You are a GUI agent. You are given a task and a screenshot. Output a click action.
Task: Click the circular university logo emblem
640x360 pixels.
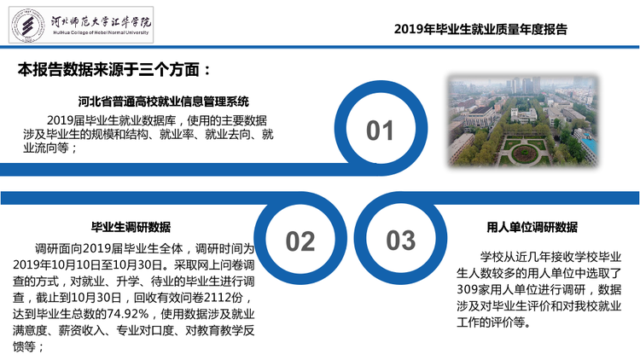[28, 26]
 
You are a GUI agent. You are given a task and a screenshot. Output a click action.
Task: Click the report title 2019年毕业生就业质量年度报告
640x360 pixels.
[480, 29]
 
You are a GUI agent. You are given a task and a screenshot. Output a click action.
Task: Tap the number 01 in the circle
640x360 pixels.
[380, 131]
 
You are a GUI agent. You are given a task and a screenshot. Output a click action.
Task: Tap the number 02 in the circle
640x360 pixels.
[300, 241]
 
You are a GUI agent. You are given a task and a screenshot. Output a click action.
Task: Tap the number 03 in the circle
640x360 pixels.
[401, 240]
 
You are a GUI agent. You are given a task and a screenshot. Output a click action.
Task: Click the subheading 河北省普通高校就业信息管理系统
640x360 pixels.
[164, 102]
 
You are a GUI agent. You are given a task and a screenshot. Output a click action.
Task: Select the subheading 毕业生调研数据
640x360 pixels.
[131, 227]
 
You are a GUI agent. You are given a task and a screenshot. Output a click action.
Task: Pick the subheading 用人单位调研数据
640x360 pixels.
[532, 227]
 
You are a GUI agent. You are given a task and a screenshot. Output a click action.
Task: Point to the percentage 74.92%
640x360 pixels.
[128, 314]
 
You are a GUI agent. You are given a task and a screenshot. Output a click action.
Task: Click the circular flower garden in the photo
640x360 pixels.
[525, 154]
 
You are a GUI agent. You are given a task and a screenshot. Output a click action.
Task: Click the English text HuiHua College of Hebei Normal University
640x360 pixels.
[101, 32]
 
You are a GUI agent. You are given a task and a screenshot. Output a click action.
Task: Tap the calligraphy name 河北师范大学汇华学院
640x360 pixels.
[101, 21]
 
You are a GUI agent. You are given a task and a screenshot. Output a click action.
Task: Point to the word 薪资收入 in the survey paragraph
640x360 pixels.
[81, 330]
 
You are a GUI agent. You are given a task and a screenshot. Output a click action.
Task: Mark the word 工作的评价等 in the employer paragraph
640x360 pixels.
[491, 322]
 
